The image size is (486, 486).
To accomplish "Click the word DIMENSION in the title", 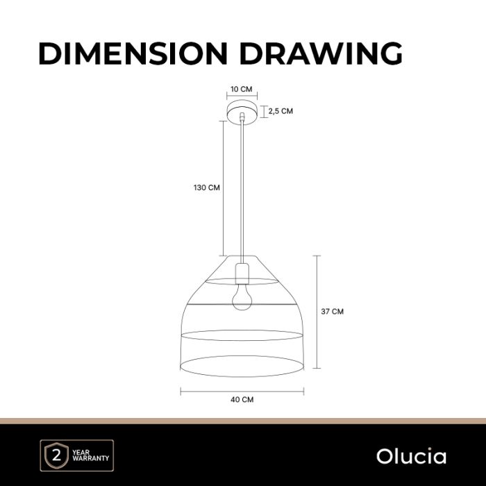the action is pyautogui.click(x=133, y=53).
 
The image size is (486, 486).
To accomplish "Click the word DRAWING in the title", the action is pyautogui.click(x=321, y=53).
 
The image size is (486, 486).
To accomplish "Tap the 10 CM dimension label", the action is pyautogui.click(x=242, y=90).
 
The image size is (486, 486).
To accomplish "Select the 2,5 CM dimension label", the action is pyautogui.click(x=280, y=111).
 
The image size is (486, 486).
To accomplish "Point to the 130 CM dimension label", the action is pyautogui.click(x=207, y=187).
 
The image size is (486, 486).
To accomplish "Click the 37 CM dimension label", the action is pyautogui.click(x=333, y=312).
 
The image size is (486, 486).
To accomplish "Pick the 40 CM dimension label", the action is pyautogui.click(x=242, y=399).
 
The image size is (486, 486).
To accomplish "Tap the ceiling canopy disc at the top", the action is pyautogui.click(x=242, y=113).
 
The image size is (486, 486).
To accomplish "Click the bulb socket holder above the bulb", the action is pyautogui.click(x=242, y=274).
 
